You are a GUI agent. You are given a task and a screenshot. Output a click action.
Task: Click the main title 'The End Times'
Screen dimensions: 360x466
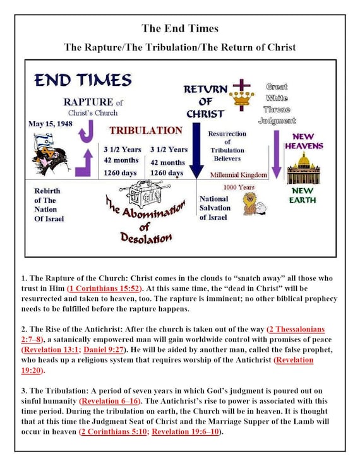[x=179, y=28]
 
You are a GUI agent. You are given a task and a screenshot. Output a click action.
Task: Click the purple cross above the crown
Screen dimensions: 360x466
[x=241, y=85]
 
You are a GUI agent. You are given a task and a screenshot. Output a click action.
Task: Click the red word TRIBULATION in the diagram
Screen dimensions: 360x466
[x=146, y=130]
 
